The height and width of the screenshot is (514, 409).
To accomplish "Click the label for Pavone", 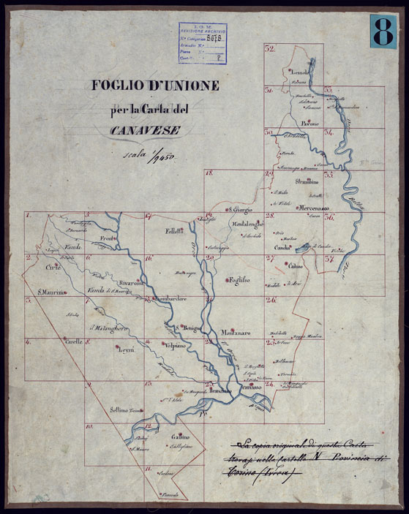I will (311, 123).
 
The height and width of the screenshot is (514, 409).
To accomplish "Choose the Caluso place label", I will (295, 265).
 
